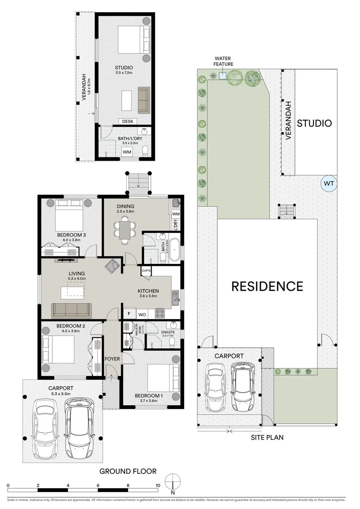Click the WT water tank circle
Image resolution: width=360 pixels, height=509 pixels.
(x=328, y=183)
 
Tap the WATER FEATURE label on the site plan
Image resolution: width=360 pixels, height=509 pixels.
(x=223, y=61)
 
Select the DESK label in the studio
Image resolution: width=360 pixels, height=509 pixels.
(x=128, y=122)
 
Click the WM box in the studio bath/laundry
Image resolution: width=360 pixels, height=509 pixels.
(x=127, y=152)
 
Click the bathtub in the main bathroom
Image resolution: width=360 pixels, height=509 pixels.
(x=174, y=250)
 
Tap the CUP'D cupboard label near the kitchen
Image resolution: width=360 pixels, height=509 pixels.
(x=147, y=271)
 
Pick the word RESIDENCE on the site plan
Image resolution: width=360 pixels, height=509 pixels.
(x=267, y=286)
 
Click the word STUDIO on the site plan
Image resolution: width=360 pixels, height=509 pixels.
(x=314, y=123)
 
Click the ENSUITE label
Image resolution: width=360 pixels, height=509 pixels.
(x=167, y=332)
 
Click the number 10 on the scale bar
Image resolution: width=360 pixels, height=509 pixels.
(x=158, y=485)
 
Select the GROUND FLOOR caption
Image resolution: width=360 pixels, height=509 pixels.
(x=127, y=471)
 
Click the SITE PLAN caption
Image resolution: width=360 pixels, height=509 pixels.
(x=267, y=437)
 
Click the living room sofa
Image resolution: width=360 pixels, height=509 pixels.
(x=72, y=310)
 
